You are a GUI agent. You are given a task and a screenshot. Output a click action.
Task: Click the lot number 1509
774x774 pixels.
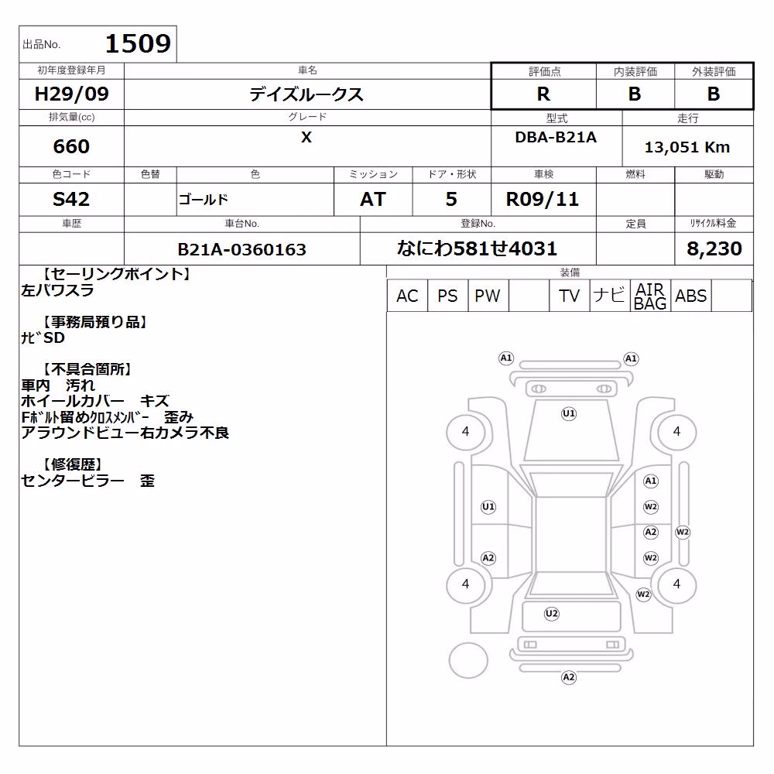[138, 44]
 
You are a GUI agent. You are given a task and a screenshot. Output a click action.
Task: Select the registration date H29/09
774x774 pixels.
[71, 94]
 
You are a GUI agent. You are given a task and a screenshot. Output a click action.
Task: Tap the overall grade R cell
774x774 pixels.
[543, 94]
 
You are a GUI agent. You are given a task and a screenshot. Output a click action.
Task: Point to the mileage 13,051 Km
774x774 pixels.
[687, 147]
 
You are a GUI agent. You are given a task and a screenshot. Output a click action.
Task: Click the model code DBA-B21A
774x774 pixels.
[556, 137]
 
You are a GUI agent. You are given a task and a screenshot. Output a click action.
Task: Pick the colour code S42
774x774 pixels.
[71, 200]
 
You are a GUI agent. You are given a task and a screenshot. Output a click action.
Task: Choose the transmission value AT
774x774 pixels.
[373, 200]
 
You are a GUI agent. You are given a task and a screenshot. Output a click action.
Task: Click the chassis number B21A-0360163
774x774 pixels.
[241, 249]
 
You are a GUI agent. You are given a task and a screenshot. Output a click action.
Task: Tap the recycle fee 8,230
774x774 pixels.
[714, 248]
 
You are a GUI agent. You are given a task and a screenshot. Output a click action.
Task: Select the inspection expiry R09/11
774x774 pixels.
[543, 200]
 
